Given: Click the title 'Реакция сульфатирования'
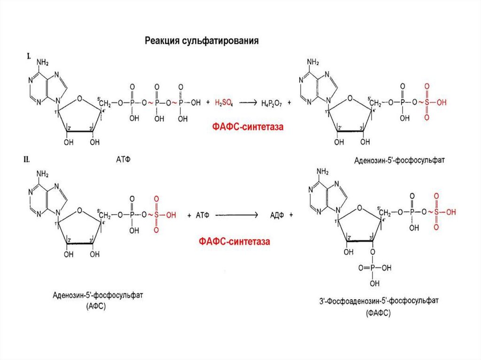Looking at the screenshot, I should pyautogui.click(x=202, y=41).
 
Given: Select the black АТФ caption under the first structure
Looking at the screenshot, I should pyautogui.click(x=123, y=159).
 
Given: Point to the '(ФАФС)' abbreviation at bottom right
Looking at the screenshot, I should pyautogui.click(x=378, y=312).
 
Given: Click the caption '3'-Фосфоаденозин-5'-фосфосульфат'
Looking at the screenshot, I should pyautogui.click(x=378, y=300).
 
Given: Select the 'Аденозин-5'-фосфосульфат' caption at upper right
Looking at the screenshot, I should pyautogui.click(x=399, y=160).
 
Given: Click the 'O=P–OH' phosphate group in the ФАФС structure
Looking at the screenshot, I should pyautogui.click(x=373, y=268).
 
